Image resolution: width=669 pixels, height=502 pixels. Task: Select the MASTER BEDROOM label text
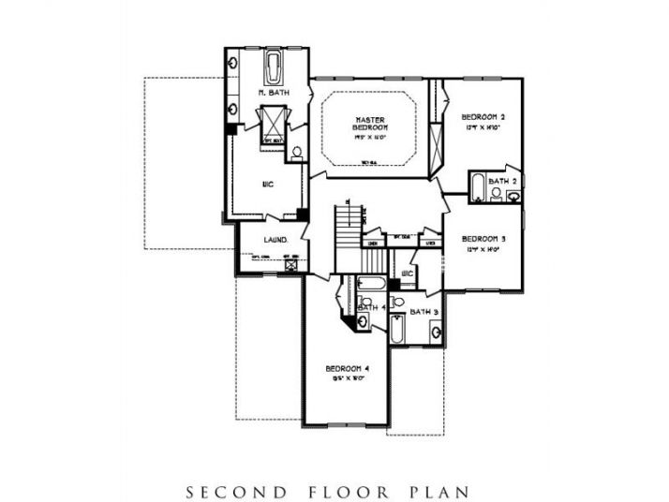tap(372, 123)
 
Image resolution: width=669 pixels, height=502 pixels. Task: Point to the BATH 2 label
tap(502, 180)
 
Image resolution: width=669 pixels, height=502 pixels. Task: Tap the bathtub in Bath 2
tap(477, 187)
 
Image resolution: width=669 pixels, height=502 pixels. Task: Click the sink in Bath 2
tap(513, 196)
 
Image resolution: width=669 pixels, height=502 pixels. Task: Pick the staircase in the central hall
tap(348, 226)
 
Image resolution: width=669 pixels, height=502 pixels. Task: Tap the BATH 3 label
tap(424, 311)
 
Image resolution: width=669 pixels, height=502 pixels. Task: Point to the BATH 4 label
tap(371, 306)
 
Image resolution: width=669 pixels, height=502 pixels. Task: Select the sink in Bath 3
tap(435, 330)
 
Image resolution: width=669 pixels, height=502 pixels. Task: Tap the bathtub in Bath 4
tap(371, 283)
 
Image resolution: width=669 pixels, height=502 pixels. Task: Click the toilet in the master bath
tap(296, 152)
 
